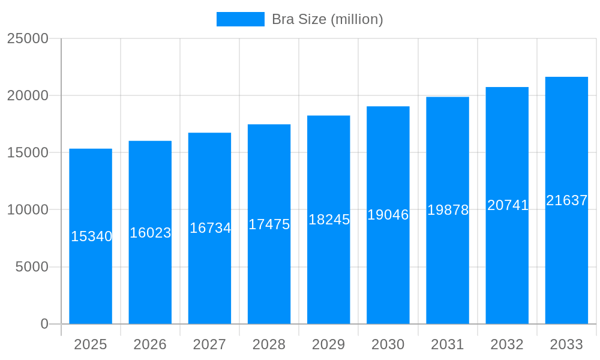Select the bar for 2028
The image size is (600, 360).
pos(269,276)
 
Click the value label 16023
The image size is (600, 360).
pos(151,233)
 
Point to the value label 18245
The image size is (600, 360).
pos(329,220)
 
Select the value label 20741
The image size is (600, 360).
pos(508,205)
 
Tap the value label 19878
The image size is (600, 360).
pos(448,210)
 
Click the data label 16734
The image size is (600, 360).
pos(210,228)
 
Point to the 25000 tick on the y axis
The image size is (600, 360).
pos(28,38)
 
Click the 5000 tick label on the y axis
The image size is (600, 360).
pos(32,267)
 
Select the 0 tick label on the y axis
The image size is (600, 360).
pos(44,324)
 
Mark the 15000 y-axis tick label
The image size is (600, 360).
pos(28,152)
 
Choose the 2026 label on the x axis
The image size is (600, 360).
pos(150,344)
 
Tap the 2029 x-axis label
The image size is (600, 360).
pos(329,344)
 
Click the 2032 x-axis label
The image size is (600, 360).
pos(507,344)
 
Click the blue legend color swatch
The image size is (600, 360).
pos(240,19)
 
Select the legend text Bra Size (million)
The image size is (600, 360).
pos(327,19)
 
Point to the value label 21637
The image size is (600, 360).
pos(566,200)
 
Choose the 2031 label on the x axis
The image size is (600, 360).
pos(448,344)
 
